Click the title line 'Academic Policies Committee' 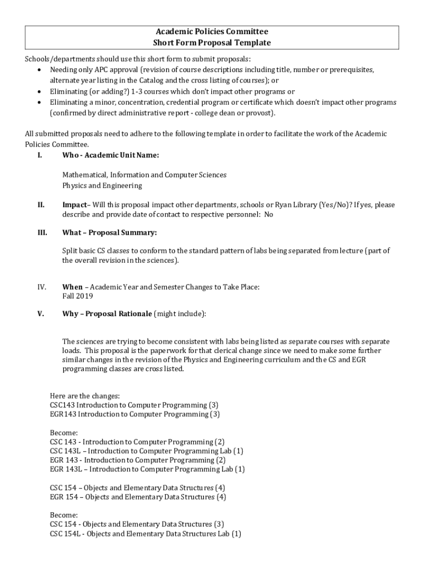[x=212, y=32]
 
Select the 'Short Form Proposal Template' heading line [x=212, y=42]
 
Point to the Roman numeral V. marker [x=41, y=314]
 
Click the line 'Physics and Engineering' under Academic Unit [x=102, y=186]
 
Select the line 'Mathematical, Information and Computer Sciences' [x=144, y=175]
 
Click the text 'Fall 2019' [x=78, y=296]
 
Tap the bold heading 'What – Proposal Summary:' [x=110, y=232]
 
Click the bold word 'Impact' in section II [x=74, y=205]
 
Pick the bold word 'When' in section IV [x=73, y=287]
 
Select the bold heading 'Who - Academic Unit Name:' [x=111, y=155]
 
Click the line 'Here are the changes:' [x=85, y=395]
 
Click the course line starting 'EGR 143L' [x=147, y=469]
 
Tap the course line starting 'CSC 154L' [x=145, y=534]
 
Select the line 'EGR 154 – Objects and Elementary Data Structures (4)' [x=138, y=497]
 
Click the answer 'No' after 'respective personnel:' [x=268, y=215]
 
